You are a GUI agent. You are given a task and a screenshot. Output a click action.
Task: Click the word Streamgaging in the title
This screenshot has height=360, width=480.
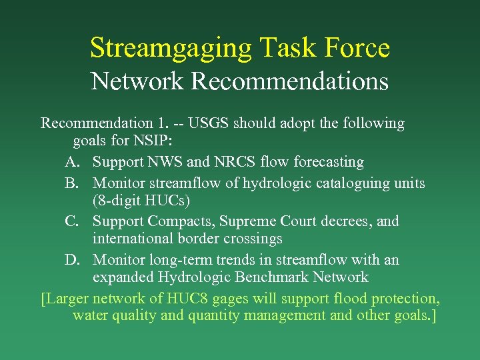(x=171, y=48)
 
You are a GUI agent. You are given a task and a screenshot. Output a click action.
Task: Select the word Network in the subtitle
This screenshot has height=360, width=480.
(x=137, y=81)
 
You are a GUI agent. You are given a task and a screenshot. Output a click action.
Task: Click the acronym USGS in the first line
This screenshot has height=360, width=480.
(x=211, y=123)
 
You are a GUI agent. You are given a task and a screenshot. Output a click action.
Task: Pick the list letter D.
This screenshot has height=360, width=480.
(x=72, y=259)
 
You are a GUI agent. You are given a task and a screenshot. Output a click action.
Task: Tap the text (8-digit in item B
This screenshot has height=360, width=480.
(x=117, y=200)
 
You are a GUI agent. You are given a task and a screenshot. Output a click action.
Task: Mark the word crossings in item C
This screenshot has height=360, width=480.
(x=254, y=239)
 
